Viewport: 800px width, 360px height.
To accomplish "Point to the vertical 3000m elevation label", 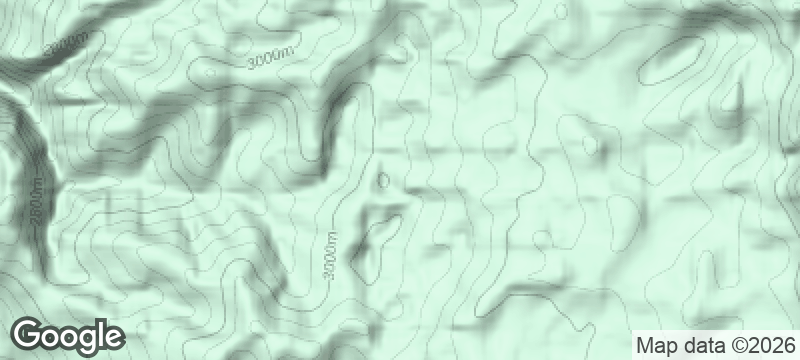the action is pyautogui.click(x=331, y=255).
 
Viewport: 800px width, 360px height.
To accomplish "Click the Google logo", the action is pyautogui.click(x=68, y=335).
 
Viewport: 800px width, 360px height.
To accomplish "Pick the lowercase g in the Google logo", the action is pyautogui.click(x=86, y=338).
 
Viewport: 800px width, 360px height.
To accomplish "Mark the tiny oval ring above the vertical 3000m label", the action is pyautogui.click(x=383, y=180).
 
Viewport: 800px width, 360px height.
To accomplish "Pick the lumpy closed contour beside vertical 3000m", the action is pyautogui.click(x=373, y=240).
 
